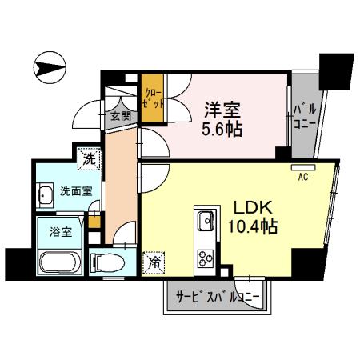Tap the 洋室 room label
[221, 107]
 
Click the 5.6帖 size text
[222, 128]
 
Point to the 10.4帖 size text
[254, 227]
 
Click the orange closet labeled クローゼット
[153, 99]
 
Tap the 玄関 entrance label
[121, 117]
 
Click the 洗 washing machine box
[90, 158]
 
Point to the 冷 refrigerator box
[152, 261]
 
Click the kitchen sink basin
[204, 218]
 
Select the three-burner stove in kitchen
[204, 258]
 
